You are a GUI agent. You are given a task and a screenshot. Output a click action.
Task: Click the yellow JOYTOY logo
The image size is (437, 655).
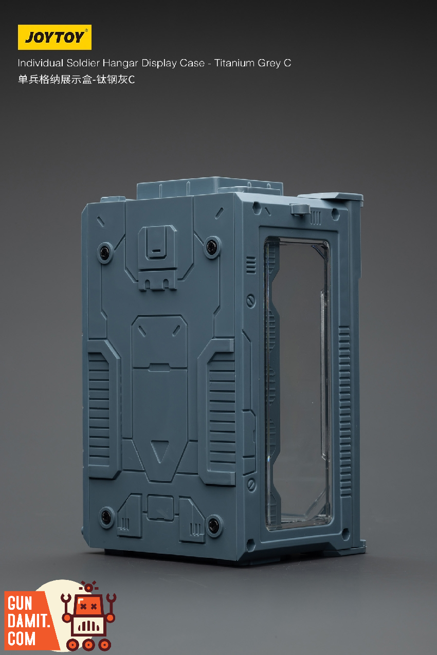coord(54,37)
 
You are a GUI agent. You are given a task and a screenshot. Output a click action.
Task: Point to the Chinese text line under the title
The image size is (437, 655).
coord(76,80)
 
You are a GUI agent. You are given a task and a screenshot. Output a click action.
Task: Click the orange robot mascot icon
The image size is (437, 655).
coord(88,617)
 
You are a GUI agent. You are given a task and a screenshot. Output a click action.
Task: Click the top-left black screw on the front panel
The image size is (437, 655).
coord(104,251)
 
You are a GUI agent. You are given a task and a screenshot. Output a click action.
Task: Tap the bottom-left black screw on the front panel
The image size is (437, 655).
coord(105,517)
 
